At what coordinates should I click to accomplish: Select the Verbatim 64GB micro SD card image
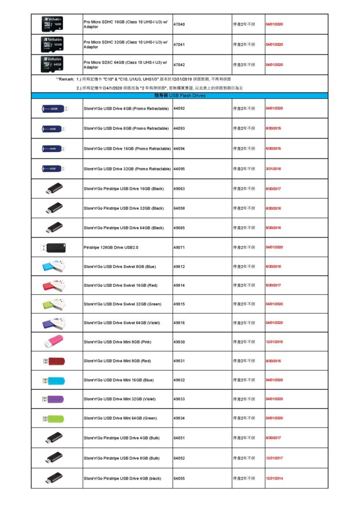pyautogui.click(x=52, y=65)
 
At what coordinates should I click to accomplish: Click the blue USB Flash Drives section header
pyautogui.click(x=180, y=95)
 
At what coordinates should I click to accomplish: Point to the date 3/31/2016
pyautogui.click(x=273, y=169)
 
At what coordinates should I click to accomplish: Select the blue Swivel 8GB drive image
pyautogui.click(x=53, y=266)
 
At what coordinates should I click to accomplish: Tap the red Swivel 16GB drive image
pyautogui.click(x=53, y=285)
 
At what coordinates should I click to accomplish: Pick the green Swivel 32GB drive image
pyautogui.click(x=53, y=304)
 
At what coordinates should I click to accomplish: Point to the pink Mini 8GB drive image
pyautogui.click(x=53, y=341)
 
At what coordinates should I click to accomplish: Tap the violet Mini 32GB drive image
pyautogui.click(x=53, y=399)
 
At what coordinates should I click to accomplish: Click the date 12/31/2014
pyautogui.click(x=274, y=478)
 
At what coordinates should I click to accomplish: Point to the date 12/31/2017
pyautogui.click(x=274, y=458)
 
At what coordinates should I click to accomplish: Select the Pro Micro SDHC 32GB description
pyautogui.click(x=125, y=45)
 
